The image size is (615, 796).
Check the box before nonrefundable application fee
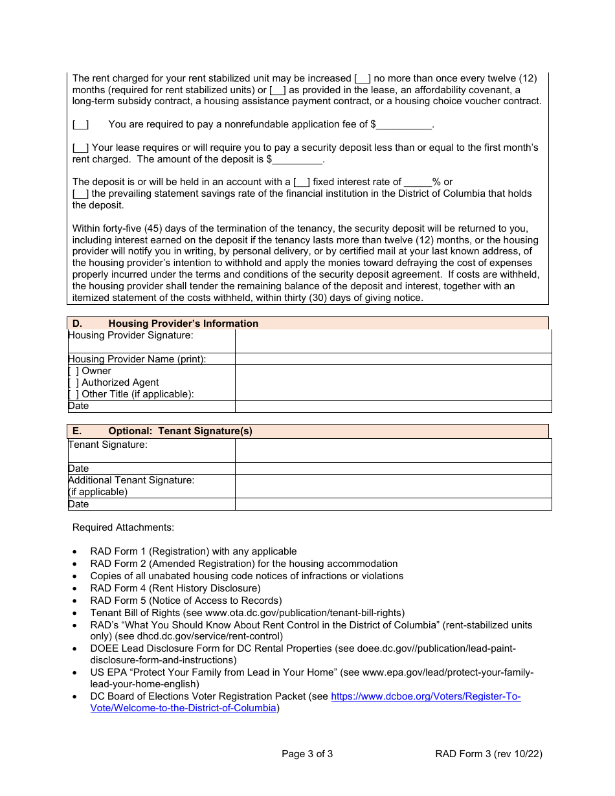tap(80, 124)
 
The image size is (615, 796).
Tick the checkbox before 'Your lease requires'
tap(80, 148)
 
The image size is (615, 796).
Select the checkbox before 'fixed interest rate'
tap(302, 182)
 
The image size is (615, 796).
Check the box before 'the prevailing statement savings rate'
tap(80, 193)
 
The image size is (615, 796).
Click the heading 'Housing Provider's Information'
tap(183, 324)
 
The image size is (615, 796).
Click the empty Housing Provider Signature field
tap(393, 341)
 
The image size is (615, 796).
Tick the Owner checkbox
tap(73, 371)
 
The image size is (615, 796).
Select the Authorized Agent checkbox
tap(73, 382)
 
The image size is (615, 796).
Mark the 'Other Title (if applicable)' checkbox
tap(73, 394)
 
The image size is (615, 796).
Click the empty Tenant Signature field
tap(393, 450)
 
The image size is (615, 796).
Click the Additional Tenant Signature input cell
tap(393, 486)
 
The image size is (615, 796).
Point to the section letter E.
tap(77, 431)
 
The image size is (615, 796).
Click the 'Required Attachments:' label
tap(123, 527)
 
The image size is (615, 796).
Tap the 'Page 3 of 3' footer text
tap(307, 753)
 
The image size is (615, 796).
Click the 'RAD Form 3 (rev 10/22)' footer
tap(488, 753)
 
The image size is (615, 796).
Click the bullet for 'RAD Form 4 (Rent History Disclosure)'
tap(76, 588)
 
